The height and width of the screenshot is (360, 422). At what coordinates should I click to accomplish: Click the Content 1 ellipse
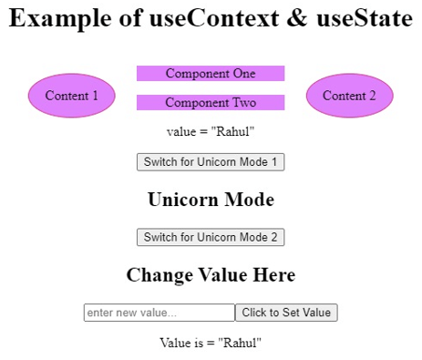click(x=71, y=96)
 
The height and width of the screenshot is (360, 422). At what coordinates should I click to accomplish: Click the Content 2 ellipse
click(x=349, y=96)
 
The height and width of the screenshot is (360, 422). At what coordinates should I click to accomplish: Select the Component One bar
click(x=211, y=74)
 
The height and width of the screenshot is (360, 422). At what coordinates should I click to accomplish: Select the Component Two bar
click(x=211, y=103)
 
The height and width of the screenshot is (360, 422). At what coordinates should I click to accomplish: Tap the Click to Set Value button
click(x=286, y=313)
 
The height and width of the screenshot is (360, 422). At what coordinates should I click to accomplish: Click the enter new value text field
click(x=159, y=313)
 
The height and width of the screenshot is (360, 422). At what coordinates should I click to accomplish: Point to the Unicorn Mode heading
click(x=211, y=200)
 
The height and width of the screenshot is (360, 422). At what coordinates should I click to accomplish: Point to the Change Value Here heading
click(x=211, y=274)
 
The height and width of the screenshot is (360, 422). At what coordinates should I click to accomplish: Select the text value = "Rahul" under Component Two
click(x=211, y=132)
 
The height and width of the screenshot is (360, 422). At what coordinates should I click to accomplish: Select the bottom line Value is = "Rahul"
click(x=211, y=344)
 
